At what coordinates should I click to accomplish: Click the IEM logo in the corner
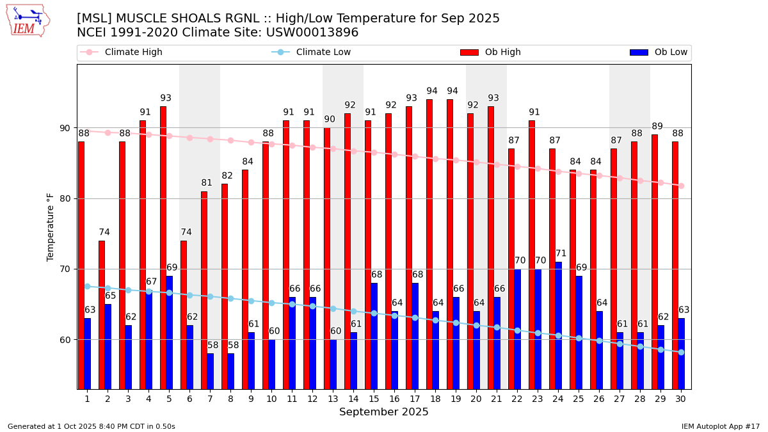coord(28,20)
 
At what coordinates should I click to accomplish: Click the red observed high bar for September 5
coord(163,247)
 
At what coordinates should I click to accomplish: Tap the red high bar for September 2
coord(102,314)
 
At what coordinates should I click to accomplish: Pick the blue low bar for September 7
coord(210,371)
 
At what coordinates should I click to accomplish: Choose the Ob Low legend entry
coord(659,52)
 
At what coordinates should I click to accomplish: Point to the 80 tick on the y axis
coord(65,198)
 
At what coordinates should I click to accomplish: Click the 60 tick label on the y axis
coord(65,339)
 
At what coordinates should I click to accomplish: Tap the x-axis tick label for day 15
coord(374,399)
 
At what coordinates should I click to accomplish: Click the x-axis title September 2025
coord(384,412)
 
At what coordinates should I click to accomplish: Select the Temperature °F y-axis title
coord(51,227)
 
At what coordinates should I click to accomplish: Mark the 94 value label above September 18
coord(432,92)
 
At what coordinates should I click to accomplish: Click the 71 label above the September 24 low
coord(561,254)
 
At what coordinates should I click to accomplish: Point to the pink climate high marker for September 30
coord(681,186)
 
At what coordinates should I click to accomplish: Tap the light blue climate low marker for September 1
coord(87,286)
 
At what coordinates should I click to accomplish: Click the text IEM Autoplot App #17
coord(721,426)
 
